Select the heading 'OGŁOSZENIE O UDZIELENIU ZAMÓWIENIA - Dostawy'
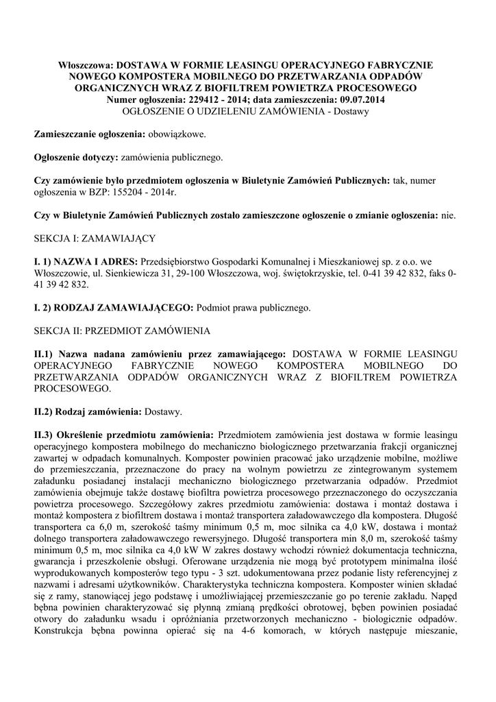point(245,111)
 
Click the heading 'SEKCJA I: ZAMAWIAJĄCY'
point(95,238)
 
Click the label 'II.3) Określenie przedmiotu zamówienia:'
point(125,435)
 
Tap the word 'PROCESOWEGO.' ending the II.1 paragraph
point(72,389)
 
